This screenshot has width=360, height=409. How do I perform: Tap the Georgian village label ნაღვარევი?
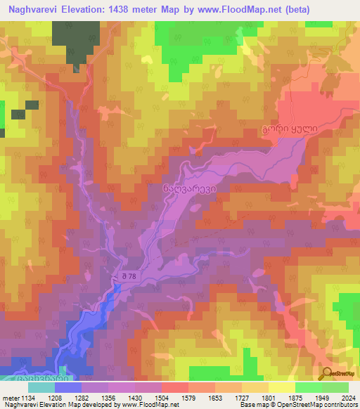(185, 188)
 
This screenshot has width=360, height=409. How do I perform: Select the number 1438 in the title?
(139, 10)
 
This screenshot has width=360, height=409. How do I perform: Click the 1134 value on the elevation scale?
(28, 398)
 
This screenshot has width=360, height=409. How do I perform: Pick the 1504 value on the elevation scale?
(162, 398)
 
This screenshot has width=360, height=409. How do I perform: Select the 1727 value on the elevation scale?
(242, 398)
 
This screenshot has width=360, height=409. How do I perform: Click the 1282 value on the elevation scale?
(82, 398)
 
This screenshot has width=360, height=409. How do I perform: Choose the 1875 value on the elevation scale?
(295, 398)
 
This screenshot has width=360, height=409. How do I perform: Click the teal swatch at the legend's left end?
(41, 387)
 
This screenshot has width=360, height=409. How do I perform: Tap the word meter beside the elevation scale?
(11, 398)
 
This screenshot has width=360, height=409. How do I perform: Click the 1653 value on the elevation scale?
(215, 398)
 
